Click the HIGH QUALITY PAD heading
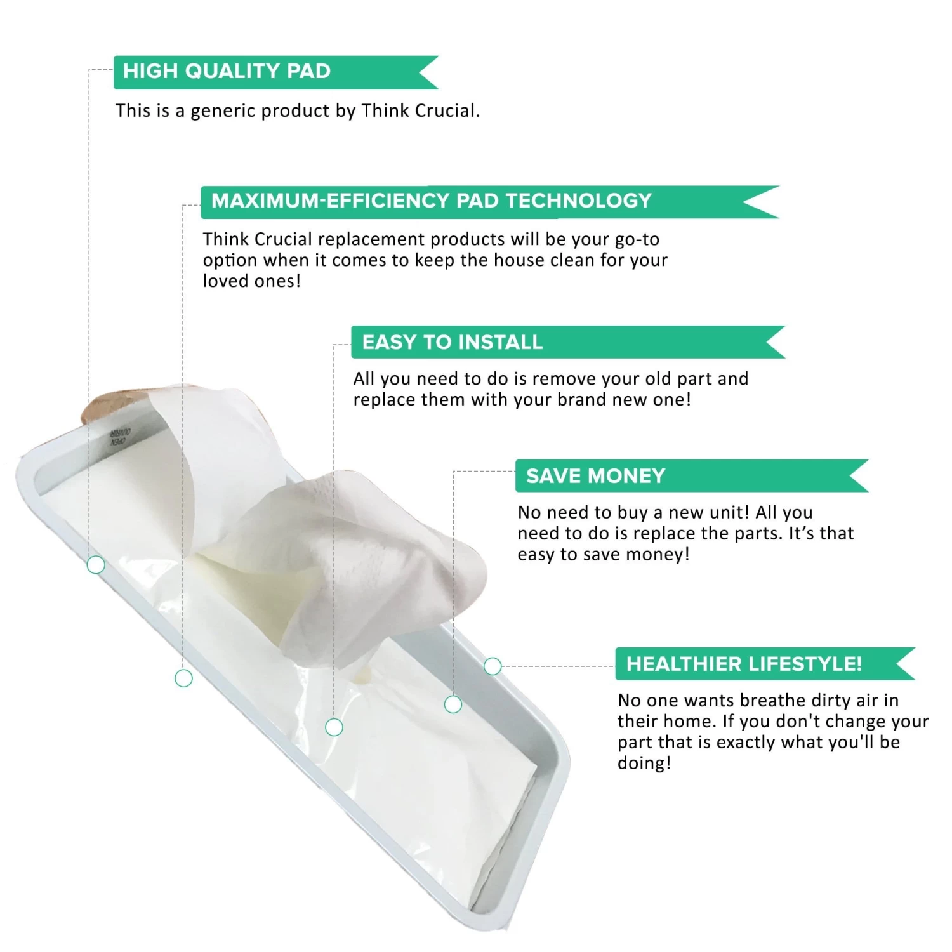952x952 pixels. (227, 71)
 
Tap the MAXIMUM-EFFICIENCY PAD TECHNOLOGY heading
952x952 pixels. (431, 201)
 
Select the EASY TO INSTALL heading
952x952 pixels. (452, 343)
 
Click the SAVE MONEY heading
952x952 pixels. (595, 476)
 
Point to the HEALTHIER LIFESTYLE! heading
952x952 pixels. (744, 664)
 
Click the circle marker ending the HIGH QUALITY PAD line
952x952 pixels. (96, 564)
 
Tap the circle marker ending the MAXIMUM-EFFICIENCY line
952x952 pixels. (183, 678)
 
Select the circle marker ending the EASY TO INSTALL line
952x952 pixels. (334, 727)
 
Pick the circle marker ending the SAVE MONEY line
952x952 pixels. (453, 704)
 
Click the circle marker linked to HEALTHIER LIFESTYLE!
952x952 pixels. (493, 666)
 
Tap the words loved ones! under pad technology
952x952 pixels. (251, 281)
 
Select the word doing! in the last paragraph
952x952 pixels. (644, 764)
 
